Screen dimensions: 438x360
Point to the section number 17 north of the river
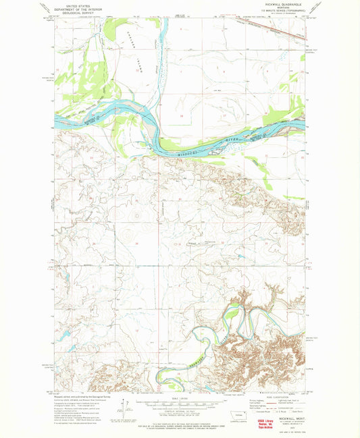pos(224,115)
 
